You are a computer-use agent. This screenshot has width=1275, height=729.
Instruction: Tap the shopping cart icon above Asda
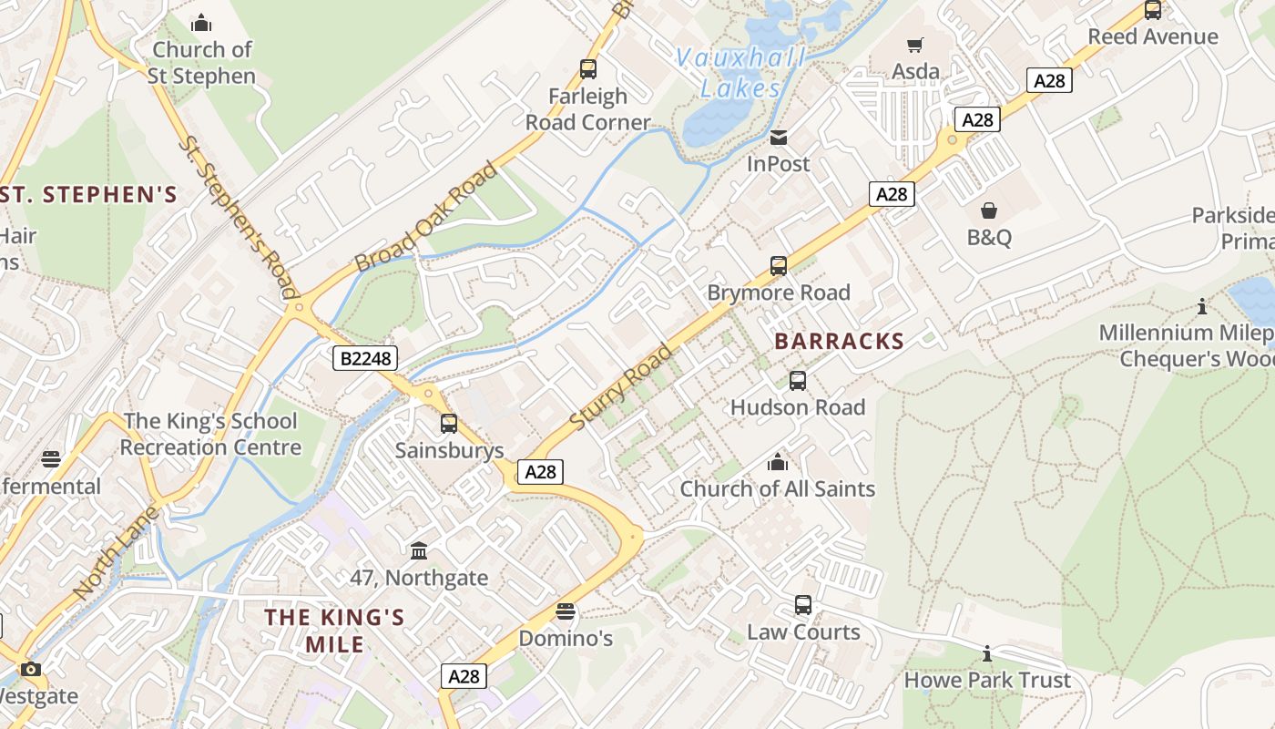pyautogui.click(x=915, y=45)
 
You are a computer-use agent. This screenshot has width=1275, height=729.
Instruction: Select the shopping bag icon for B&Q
pyautogui.click(x=989, y=211)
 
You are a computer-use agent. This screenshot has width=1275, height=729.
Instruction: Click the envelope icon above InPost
pyautogui.click(x=779, y=138)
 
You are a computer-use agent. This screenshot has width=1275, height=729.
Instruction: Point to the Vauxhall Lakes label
pyautogui.click(x=740, y=73)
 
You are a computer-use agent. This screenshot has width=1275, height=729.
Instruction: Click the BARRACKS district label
pyautogui.click(x=839, y=342)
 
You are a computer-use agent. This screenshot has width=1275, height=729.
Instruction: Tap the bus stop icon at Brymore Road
pyautogui.click(x=779, y=266)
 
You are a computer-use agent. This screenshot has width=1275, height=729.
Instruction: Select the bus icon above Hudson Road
pyautogui.click(x=798, y=381)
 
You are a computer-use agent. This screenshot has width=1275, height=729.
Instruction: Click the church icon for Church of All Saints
pyautogui.click(x=778, y=462)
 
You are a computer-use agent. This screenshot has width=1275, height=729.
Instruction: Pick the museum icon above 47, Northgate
pyautogui.click(x=419, y=550)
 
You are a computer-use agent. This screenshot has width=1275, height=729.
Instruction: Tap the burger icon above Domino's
pyautogui.click(x=566, y=611)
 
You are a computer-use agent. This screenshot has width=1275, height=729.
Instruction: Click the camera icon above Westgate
pyautogui.click(x=31, y=670)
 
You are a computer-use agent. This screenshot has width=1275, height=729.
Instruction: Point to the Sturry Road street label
pyautogui.click(x=622, y=387)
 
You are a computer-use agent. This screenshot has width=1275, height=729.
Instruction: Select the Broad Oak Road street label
pyautogui.click(x=426, y=217)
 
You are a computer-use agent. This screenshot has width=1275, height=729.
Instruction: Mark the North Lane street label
pyautogui.click(x=116, y=552)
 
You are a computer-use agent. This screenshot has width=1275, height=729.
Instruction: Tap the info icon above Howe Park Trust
pyautogui.click(x=987, y=653)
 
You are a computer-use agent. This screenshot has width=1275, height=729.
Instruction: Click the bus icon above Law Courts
pyautogui.click(x=803, y=605)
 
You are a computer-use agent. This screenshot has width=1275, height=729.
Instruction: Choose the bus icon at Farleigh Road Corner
pyautogui.click(x=588, y=68)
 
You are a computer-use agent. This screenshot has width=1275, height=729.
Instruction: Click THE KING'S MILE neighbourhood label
pyautogui.click(x=334, y=631)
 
